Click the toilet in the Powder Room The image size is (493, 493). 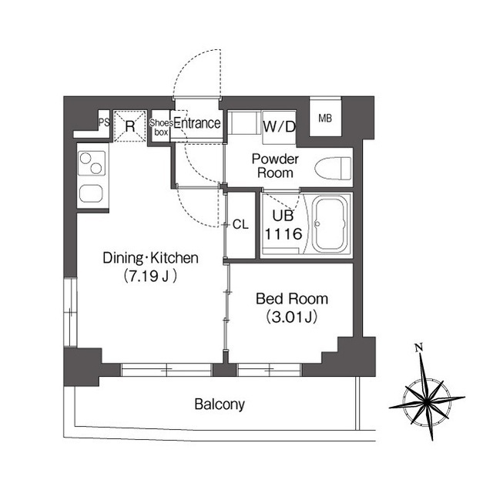[x=333, y=169]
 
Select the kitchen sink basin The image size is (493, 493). [x=91, y=193]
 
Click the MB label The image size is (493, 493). [x=325, y=119]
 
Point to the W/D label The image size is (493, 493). [x=280, y=126]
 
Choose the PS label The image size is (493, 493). [x=104, y=122]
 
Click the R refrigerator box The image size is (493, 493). [x=130, y=126]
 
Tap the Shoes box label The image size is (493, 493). [x=161, y=127]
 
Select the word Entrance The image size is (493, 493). [x=197, y=123]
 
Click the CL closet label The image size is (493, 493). [x=240, y=224]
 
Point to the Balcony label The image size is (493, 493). [x=220, y=404]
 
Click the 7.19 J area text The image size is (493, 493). [x=150, y=277]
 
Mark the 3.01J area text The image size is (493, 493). [x=291, y=317]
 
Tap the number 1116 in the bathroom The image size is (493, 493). [x=283, y=234]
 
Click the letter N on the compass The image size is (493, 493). [x=418, y=347]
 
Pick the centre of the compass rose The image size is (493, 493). [x=427, y=402]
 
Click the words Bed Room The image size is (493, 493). [x=292, y=299]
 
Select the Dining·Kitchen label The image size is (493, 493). [x=151, y=258]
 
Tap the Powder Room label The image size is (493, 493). [x=275, y=166]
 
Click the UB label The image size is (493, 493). [x=283, y=216]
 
